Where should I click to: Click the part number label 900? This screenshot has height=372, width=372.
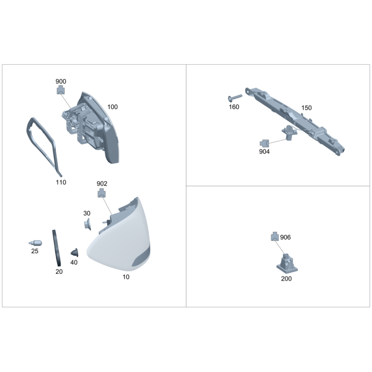pos(61,81)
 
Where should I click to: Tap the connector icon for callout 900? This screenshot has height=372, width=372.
pos(61,90)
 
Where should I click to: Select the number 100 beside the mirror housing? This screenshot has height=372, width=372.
pos(113,107)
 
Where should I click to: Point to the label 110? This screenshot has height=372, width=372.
pos(61,182)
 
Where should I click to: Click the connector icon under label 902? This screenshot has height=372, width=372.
pos(101,193)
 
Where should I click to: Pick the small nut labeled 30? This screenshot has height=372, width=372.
pos(87,224)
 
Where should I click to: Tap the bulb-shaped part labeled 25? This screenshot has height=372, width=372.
pos(35,243)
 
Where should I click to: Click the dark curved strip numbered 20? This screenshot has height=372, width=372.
pos(56,248)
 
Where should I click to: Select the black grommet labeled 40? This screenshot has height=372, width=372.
pos(75,252)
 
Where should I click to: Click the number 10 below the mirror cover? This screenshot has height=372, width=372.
pos(126,277)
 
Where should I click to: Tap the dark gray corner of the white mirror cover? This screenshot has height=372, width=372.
pos(142,257)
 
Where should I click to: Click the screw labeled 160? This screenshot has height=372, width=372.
pos(235,98)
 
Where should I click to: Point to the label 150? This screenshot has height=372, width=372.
pos(306,108)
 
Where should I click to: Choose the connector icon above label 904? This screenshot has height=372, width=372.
pos(264,143)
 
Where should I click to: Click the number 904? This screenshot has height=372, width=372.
pos(264,152)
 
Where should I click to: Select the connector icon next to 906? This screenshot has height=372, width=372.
pos(275,236)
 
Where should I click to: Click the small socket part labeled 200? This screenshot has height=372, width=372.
pos(287,263)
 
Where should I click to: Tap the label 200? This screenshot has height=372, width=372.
pos(286,279)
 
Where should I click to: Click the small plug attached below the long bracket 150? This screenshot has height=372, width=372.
pos(289,133)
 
